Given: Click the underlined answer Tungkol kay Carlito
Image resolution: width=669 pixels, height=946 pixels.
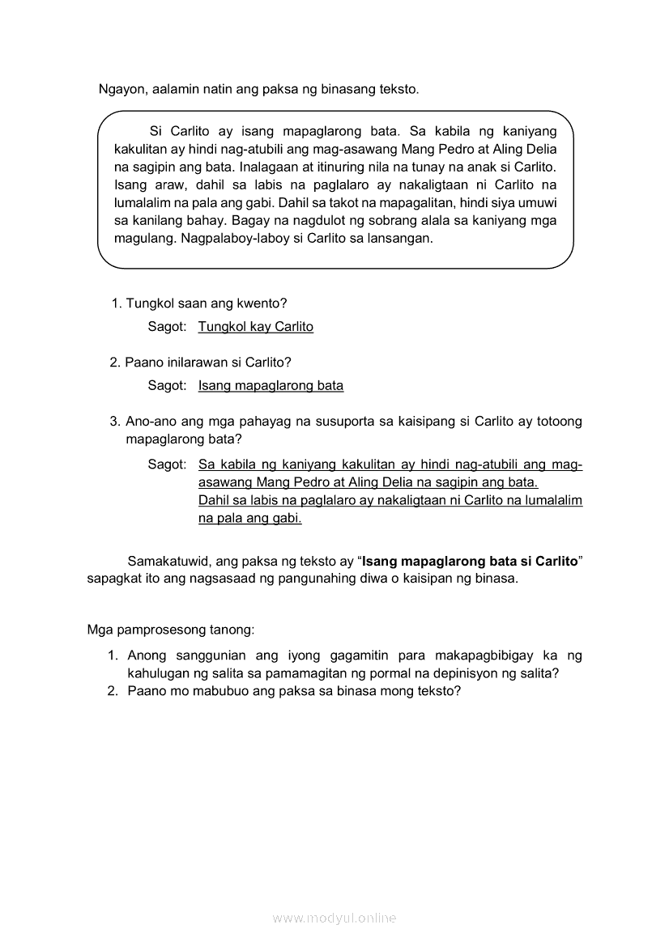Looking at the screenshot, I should tap(255, 327).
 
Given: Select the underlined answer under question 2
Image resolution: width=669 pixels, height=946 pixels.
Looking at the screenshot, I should tap(271, 385).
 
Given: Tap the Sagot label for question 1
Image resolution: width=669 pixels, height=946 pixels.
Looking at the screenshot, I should tap(167, 327).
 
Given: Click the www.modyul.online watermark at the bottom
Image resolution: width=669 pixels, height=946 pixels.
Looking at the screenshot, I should tap(334, 918).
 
